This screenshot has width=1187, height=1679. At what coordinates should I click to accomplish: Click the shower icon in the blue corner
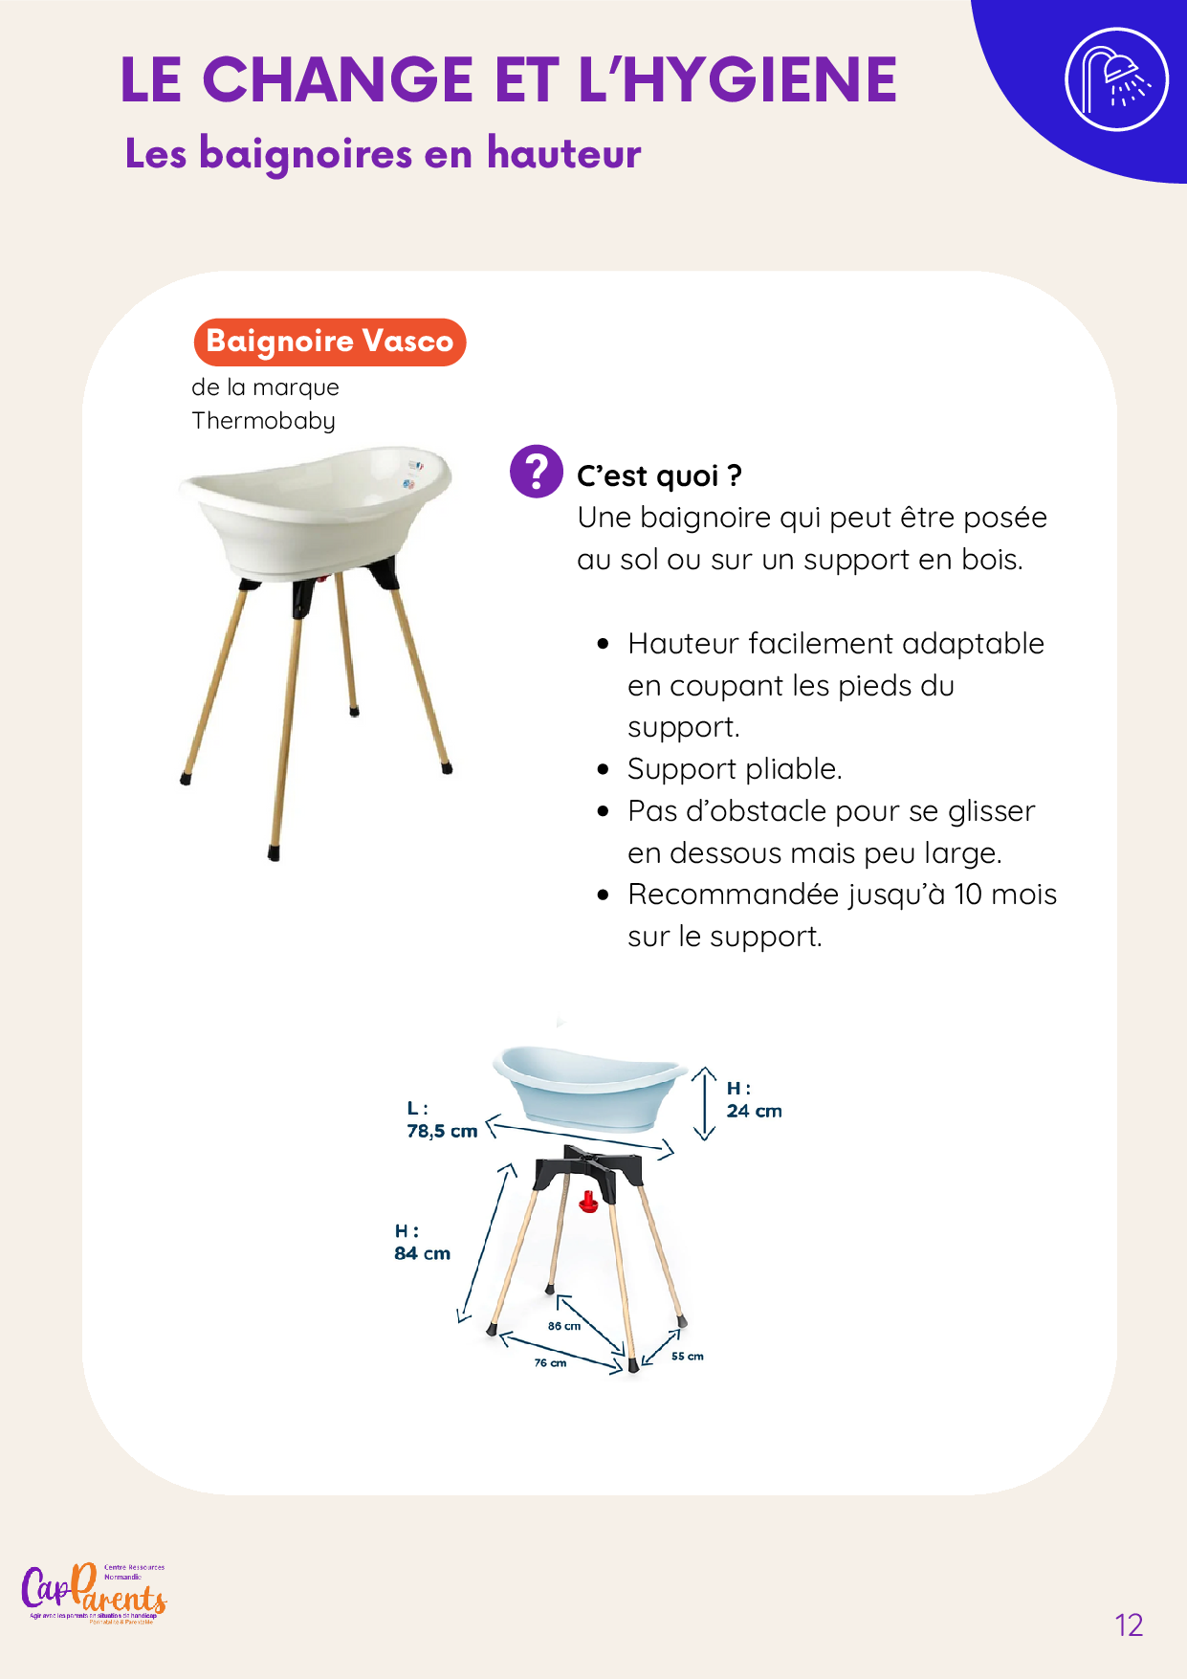(1116, 79)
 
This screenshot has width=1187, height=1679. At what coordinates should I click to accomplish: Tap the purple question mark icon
(536, 471)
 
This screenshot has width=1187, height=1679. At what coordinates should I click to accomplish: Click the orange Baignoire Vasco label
(329, 342)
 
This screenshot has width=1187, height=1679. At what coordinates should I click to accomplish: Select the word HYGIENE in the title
(759, 79)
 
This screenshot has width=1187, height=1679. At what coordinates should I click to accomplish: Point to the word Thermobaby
(263, 421)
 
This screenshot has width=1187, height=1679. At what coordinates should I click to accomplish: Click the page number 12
(1129, 1624)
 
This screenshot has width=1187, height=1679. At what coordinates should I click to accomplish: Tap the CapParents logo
(94, 1594)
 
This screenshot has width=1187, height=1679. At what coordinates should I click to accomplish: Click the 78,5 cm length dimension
(442, 1131)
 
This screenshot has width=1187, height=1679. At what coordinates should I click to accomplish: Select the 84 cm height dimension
(422, 1253)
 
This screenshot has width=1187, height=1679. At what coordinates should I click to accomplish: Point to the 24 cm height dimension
(754, 1111)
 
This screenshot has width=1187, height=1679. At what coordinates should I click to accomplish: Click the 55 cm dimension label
(687, 1356)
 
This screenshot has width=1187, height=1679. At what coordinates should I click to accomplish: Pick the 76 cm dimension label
(550, 1362)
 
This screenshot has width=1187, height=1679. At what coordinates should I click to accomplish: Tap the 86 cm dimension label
(564, 1326)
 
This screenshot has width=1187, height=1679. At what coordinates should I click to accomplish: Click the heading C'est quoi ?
(659, 475)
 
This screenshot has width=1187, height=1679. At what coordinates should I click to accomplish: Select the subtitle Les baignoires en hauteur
(383, 153)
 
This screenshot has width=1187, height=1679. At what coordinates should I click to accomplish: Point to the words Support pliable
(735, 769)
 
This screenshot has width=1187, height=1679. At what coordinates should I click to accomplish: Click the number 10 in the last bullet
(968, 895)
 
